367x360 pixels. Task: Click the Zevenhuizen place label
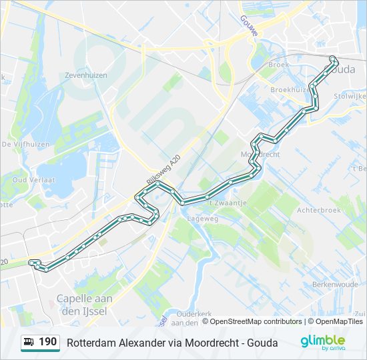(85, 75)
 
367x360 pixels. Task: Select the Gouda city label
(342, 69)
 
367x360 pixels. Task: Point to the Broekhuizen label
(291, 89)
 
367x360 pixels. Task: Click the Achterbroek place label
(318, 209)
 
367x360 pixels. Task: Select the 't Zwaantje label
(228, 203)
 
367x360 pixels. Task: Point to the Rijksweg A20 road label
(163, 171)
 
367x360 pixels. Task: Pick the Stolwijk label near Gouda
(352, 96)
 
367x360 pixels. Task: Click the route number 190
(48, 342)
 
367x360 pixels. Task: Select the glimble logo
(322, 341)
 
